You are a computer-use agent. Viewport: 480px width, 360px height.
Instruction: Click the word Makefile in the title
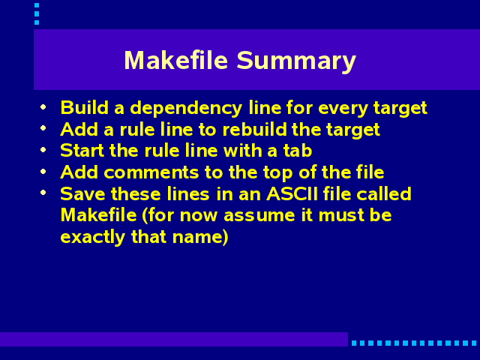(176, 60)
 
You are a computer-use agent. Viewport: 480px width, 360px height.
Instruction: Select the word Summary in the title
(296, 61)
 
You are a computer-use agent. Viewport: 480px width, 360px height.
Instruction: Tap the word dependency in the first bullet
(186, 109)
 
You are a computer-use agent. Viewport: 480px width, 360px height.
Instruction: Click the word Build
(85, 107)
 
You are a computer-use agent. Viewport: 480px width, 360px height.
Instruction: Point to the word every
(343, 109)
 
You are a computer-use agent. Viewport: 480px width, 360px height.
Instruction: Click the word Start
(82, 151)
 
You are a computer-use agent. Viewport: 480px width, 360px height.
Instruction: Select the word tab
(298, 151)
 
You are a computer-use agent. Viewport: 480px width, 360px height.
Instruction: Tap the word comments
(151, 172)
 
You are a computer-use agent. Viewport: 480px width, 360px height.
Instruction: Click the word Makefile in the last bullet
(98, 215)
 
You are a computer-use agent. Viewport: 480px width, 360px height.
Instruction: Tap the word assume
(259, 216)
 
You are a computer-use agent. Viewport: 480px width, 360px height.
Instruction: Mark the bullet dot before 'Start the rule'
(43, 150)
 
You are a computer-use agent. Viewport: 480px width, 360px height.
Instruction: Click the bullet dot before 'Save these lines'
(43, 193)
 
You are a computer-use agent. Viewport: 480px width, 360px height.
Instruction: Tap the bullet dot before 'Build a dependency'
(43, 106)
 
